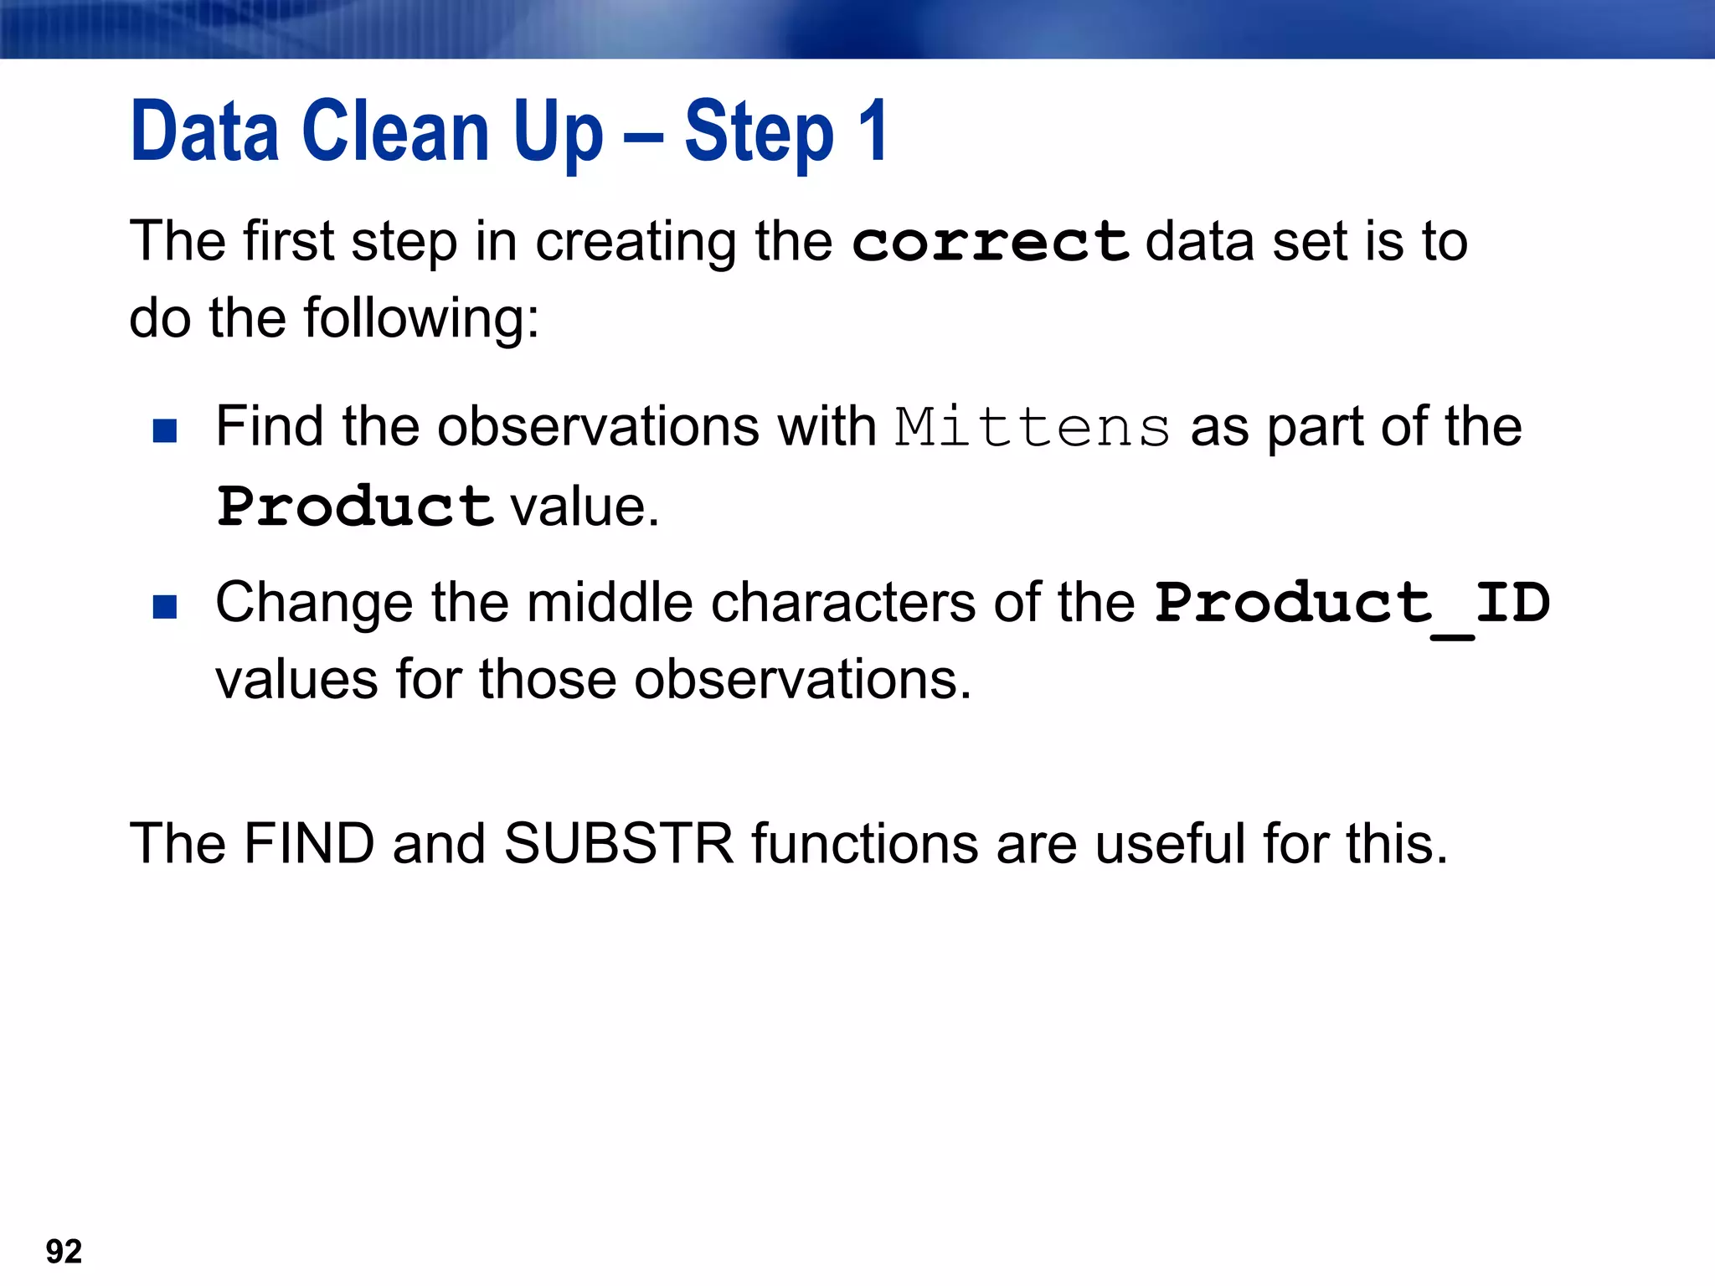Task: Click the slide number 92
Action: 64,1251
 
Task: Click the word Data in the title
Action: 204,131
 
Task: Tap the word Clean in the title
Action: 395,131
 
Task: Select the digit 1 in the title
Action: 873,131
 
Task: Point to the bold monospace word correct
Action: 991,243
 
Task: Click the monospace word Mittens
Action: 1033,428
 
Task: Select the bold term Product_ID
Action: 1352,603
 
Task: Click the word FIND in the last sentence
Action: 309,843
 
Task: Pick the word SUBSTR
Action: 619,843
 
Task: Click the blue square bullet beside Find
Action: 165,430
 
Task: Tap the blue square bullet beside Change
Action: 165,606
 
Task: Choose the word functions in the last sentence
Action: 865,843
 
